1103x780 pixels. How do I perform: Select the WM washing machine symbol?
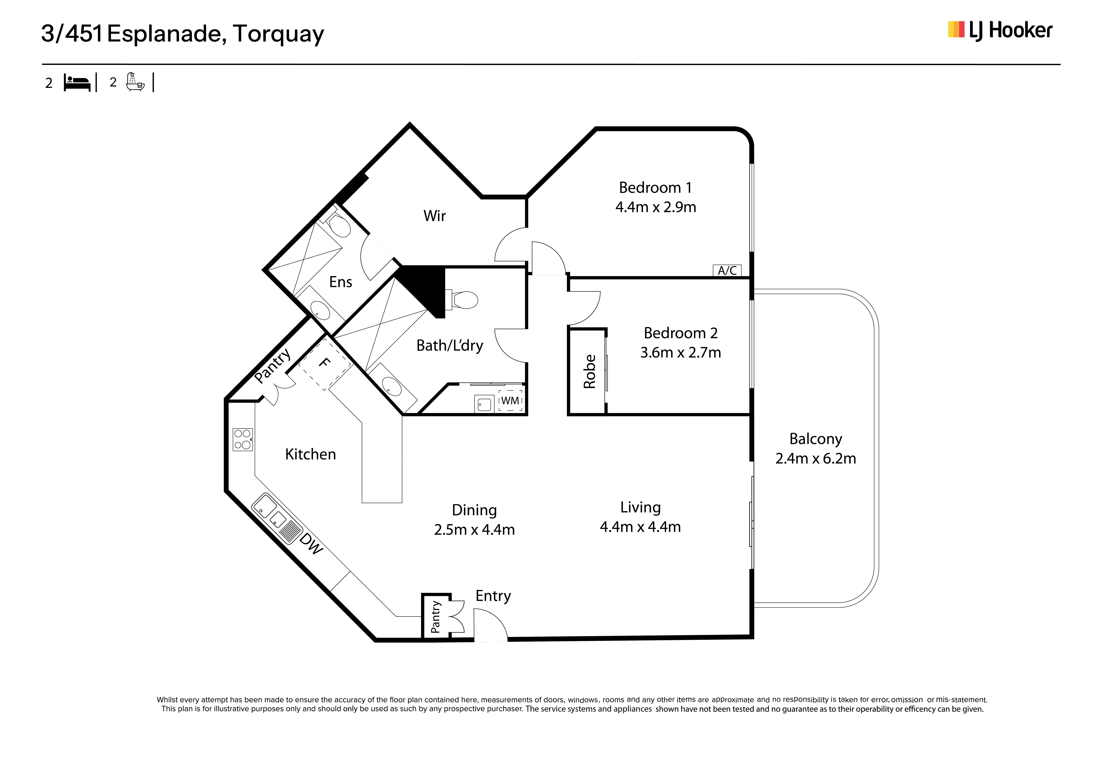click(x=510, y=400)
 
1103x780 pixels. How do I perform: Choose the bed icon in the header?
click(x=77, y=83)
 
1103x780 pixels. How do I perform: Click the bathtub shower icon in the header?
click(x=135, y=82)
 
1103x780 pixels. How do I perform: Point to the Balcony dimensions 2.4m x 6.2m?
click(x=815, y=458)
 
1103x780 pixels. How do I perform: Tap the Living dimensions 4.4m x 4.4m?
click(x=640, y=527)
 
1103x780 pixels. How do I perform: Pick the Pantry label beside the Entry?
click(x=435, y=617)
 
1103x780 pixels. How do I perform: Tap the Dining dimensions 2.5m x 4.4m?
click(x=474, y=530)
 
